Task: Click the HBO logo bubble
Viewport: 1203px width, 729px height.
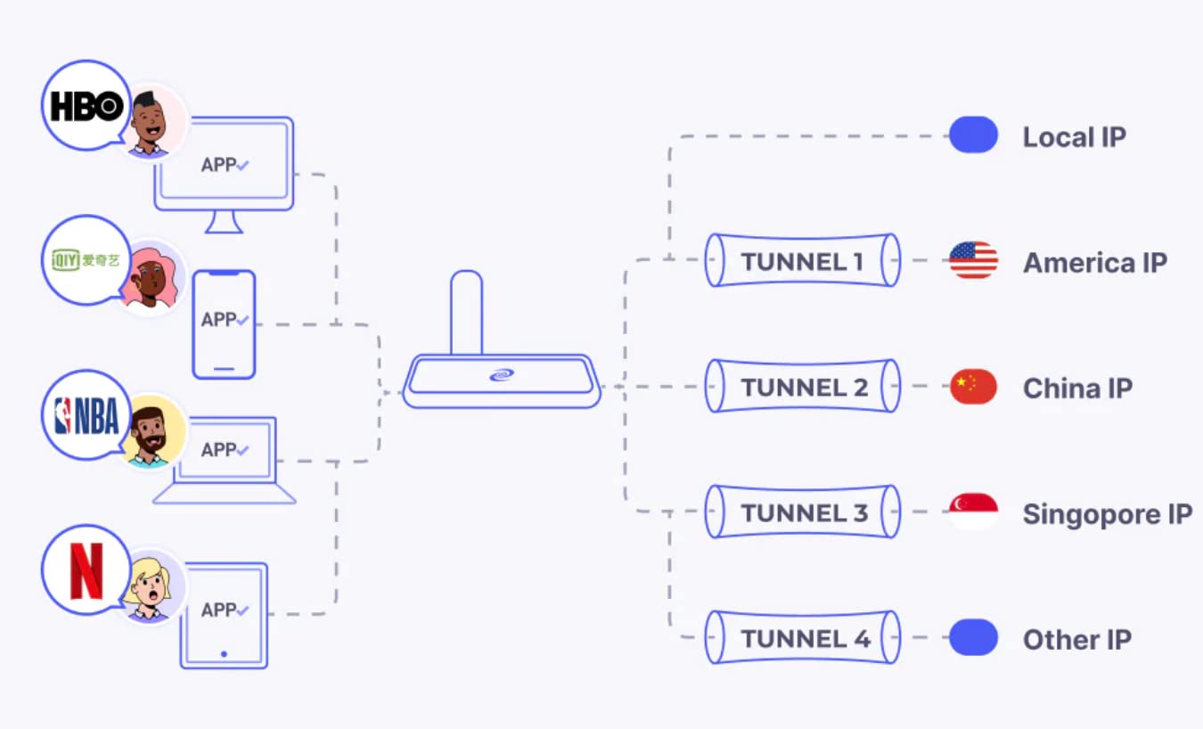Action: (86, 105)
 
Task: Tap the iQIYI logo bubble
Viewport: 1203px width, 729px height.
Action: (86, 260)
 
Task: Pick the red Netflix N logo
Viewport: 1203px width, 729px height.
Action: (86, 570)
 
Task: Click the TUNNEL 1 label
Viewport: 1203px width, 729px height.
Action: (802, 262)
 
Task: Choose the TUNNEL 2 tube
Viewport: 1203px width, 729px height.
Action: (802, 387)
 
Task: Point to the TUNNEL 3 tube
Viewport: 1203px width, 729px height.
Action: (802, 512)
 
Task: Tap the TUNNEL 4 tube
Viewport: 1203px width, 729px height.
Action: (802, 638)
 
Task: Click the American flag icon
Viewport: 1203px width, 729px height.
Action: (973, 260)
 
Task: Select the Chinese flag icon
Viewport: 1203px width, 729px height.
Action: (973, 387)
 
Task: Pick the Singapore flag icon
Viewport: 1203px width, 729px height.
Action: (973, 512)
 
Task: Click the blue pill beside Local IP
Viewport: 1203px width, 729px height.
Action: (973, 135)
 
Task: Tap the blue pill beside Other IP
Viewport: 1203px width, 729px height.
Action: (973, 638)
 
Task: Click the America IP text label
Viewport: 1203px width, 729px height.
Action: (1094, 263)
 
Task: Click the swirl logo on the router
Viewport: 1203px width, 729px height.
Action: (502, 375)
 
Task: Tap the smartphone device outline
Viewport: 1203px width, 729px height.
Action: (224, 324)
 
